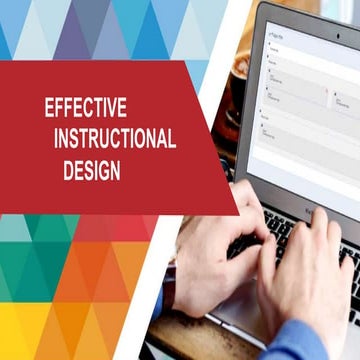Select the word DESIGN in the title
coord(91,170)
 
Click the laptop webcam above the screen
coord(300,11)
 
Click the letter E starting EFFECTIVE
coord(49,107)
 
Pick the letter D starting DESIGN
coord(67,170)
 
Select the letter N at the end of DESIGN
coord(116,170)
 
